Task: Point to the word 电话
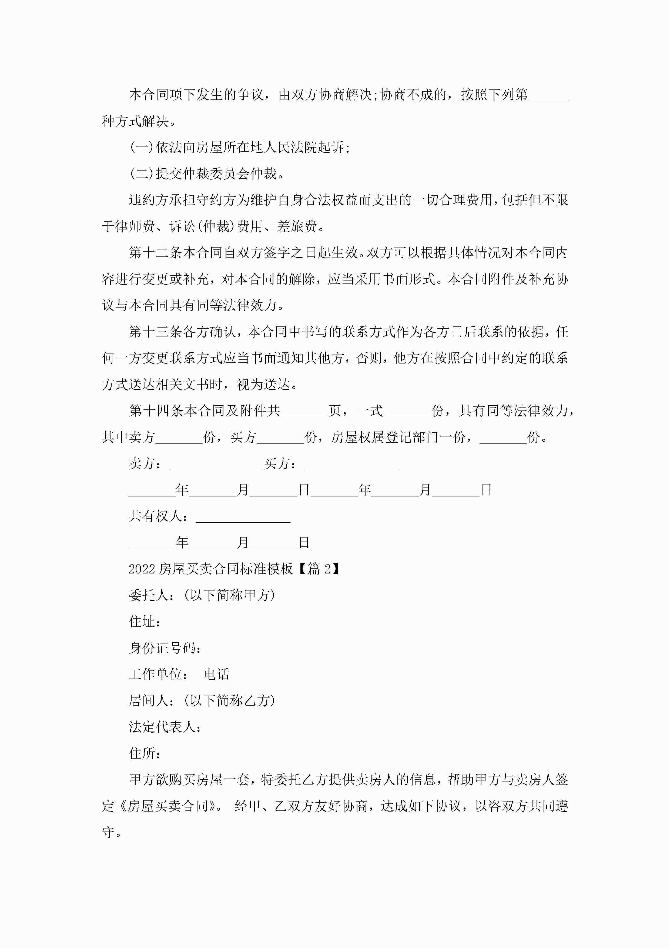pos(216,674)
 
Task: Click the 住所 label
pos(142,753)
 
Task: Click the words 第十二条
pos(155,253)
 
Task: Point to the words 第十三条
pos(155,332)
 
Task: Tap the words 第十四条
pos(155,411)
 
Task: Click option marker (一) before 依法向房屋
pos(142,147)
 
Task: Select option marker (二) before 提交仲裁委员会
pos(142,174)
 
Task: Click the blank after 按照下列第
pos(548,98)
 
